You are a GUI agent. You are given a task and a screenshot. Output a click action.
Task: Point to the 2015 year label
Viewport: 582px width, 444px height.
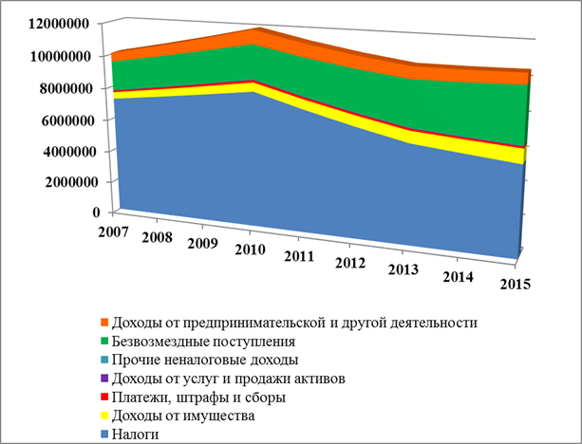point(516,285)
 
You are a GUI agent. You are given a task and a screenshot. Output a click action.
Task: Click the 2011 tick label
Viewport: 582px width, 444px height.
point(299,255)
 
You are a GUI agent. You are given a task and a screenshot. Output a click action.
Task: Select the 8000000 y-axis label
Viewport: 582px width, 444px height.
point(63,88)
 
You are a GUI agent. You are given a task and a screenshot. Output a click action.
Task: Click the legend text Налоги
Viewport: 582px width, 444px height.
point(138,434)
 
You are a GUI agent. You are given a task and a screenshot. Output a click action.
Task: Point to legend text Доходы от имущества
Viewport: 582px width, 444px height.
point(182,416)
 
